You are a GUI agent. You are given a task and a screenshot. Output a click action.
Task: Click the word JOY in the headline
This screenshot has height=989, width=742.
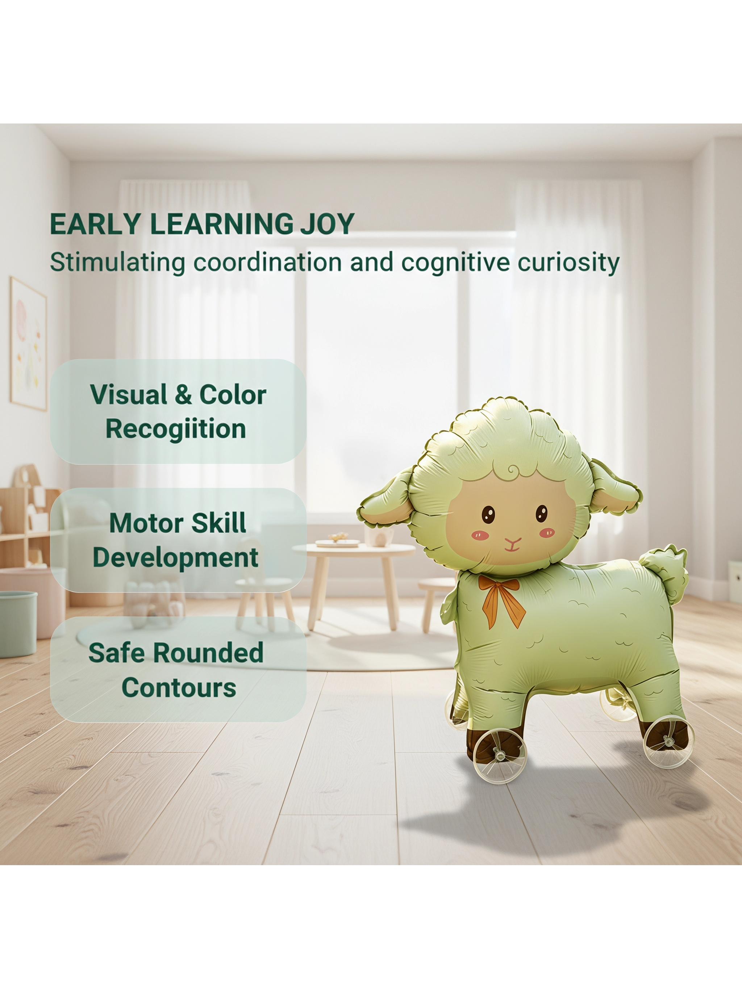(327, 225)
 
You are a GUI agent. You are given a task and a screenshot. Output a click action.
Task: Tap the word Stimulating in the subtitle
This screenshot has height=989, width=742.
(117, 263)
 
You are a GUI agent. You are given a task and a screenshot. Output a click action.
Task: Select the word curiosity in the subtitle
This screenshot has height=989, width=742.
(568, 263)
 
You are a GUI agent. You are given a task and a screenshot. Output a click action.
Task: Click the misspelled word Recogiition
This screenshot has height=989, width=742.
(176, 429)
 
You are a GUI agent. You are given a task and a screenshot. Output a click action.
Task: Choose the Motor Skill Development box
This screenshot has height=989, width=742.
(178, 540)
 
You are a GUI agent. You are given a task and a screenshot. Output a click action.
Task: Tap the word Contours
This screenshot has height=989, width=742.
(179, 688)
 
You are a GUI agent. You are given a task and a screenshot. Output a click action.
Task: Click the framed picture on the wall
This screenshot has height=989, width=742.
(28, 343)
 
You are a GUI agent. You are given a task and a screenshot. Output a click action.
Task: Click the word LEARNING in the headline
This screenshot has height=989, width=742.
(221, 225)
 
